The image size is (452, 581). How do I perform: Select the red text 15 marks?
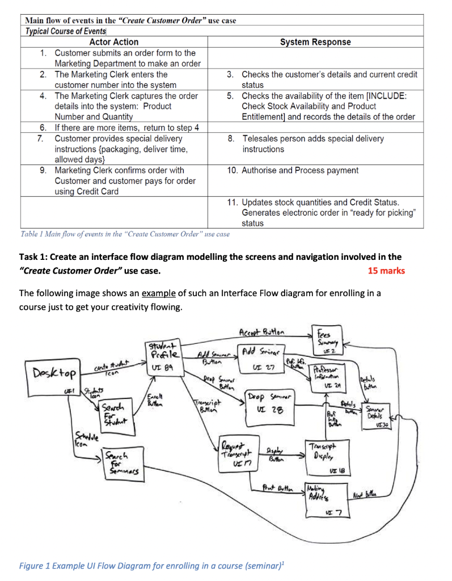pos(386,271)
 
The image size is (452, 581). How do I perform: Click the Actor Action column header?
pos(113,42)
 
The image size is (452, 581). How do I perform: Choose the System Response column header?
pos(315,42)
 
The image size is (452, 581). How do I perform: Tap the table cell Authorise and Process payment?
pos(301,170)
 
